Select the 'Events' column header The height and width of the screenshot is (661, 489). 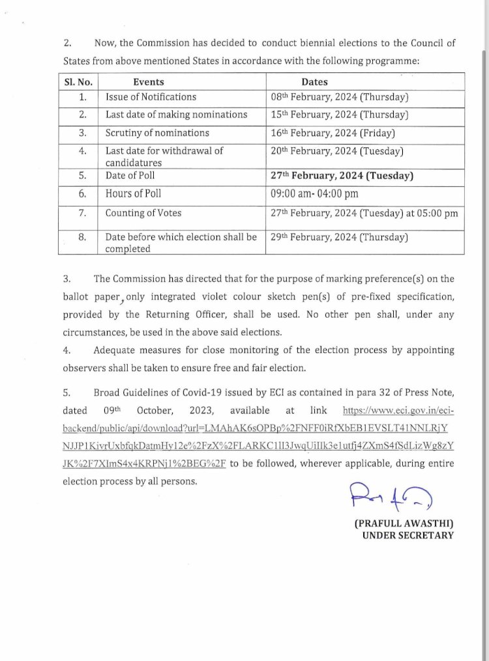[148, 82]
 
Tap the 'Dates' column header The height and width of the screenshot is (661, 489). [314, 82]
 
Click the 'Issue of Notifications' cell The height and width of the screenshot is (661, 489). [151, 97]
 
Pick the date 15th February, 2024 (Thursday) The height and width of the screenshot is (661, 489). [339, 115]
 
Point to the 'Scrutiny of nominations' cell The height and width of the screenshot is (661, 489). [157, 133]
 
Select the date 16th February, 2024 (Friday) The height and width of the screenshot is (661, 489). [333, 133]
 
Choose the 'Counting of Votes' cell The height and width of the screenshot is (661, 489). [143, 213]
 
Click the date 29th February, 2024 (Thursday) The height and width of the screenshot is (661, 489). [339, 238]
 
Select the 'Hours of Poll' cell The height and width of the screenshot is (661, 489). [133, 193]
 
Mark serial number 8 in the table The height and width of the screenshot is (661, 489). [82, 238]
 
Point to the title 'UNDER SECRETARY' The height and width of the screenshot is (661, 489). [408, 535]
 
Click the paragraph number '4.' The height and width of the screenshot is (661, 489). [67, 350]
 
